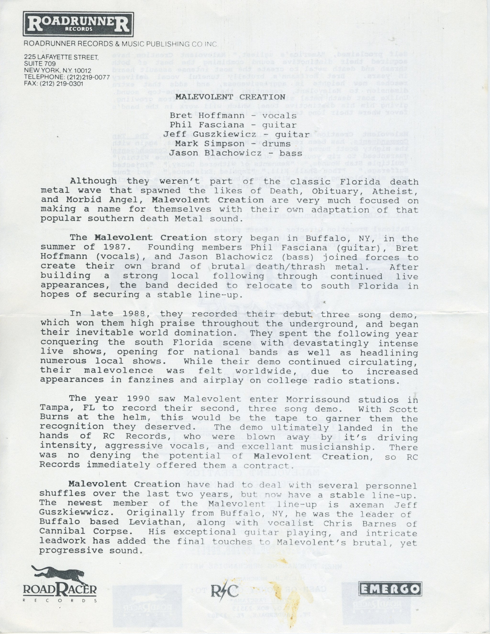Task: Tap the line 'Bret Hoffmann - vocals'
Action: point(233,116)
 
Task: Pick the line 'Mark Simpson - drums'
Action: point(233,144)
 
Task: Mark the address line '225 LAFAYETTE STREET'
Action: point(61,57)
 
